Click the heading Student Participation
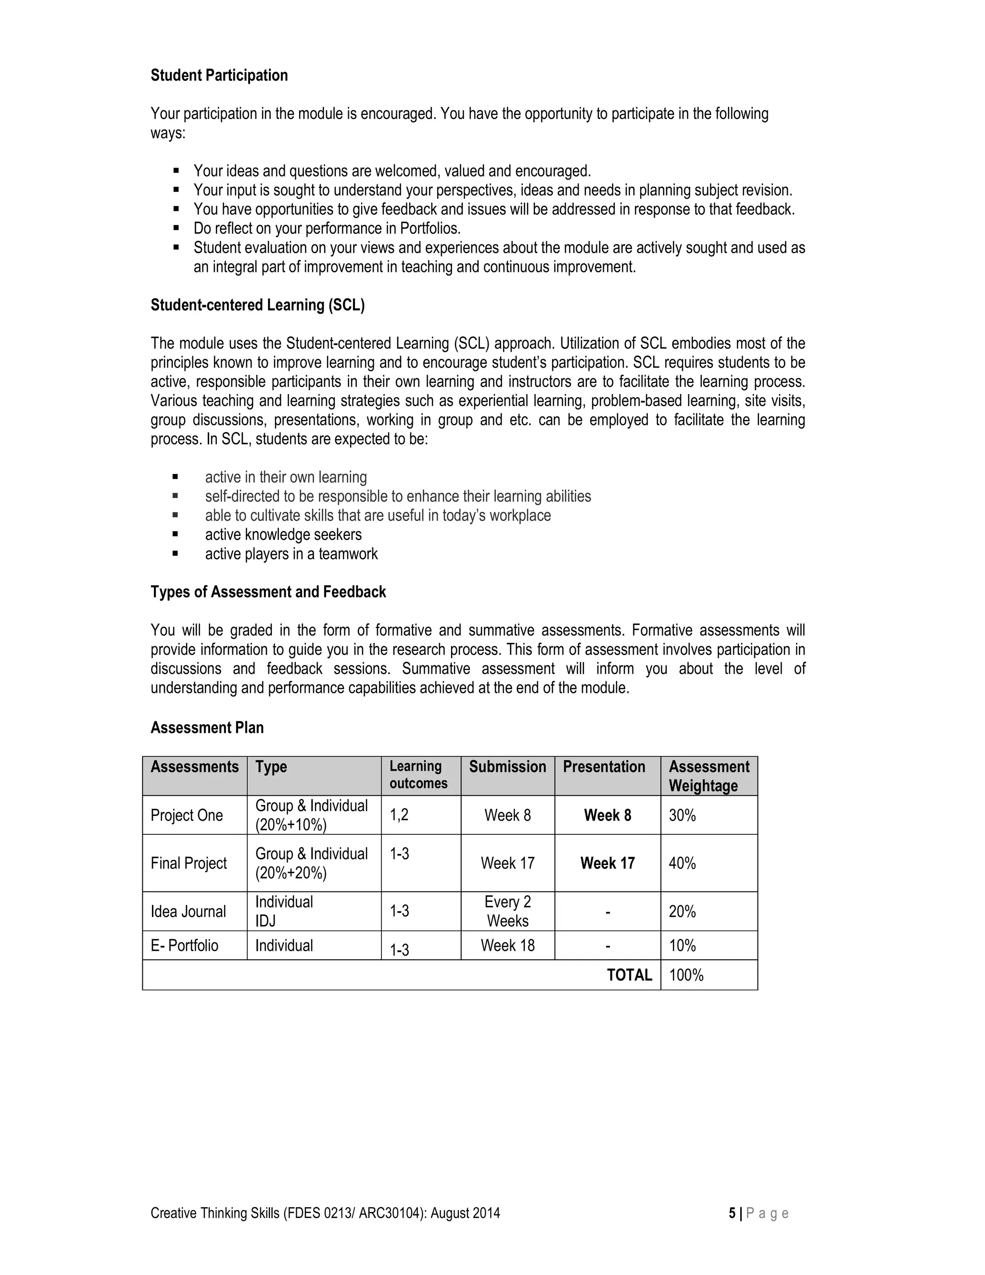[219, 76]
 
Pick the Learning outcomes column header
[418, 775]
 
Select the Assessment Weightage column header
[708, 776]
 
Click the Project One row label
[187, 815]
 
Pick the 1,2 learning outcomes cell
[399, 815]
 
